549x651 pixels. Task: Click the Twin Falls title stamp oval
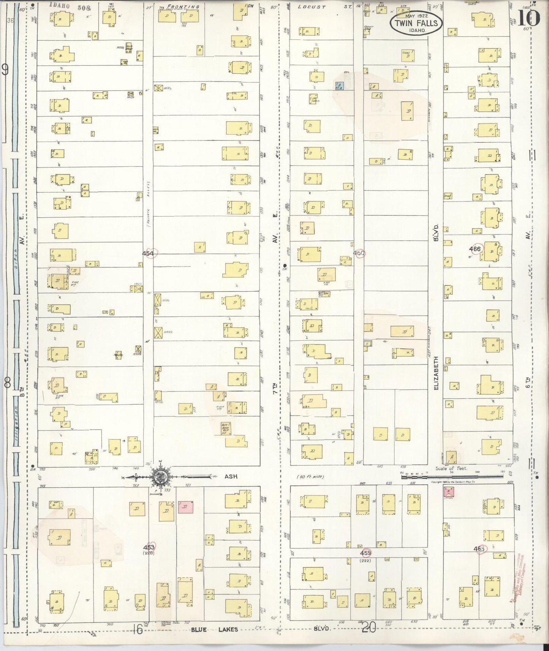416,22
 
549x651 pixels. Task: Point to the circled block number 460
359,253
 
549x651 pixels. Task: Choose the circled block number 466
475,249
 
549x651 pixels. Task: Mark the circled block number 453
149,547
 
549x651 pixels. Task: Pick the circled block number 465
479,549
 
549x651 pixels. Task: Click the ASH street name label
231,476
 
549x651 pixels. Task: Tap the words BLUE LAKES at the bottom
214,629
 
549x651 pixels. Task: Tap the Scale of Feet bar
452,474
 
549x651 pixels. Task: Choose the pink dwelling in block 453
185,507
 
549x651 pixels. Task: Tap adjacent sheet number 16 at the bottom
138,629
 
